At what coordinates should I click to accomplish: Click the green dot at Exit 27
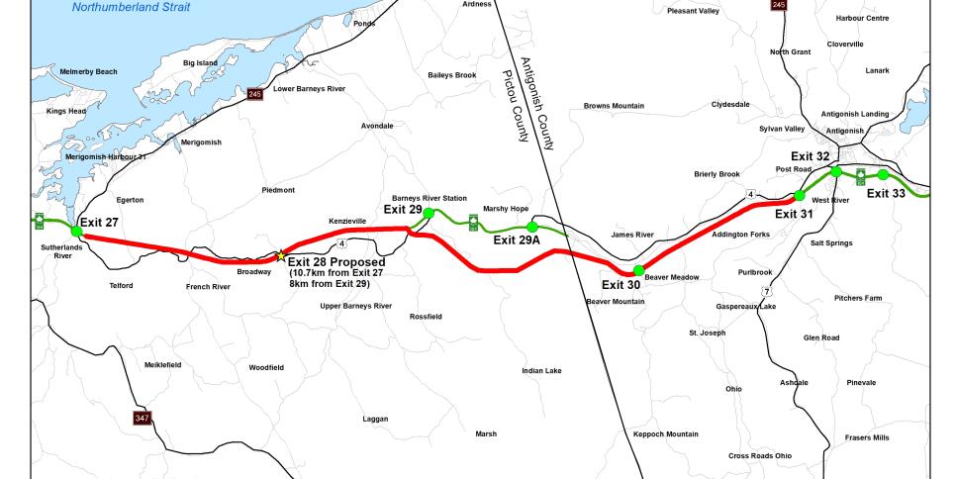(76, 231)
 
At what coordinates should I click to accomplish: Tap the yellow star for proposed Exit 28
(281, 255)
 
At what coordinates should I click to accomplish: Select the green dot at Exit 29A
(531, 227)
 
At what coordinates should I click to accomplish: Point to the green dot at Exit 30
(638, 270)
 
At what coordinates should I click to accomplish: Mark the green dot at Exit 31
(800, 195)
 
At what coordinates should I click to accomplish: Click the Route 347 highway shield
(143, 419)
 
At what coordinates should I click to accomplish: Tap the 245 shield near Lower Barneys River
(254, 94)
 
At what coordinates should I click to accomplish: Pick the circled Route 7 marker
(766, 291)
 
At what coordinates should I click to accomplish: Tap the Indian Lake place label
(541, 371)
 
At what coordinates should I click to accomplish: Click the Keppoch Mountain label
(665, 433)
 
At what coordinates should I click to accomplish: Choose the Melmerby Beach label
(88, 71)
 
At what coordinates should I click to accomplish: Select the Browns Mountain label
(614, 106)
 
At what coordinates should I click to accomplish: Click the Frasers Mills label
(867, 437)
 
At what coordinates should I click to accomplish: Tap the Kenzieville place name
(347, 221)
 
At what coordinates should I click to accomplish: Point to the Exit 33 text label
(886, 194)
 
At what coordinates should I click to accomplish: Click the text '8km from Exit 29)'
(330, 283)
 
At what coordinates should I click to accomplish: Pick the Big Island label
(200, 63)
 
